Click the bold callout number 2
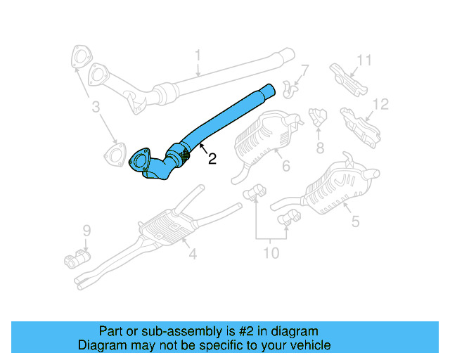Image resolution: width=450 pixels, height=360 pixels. point(212,159)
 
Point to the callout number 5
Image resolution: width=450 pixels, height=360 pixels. point(355,222)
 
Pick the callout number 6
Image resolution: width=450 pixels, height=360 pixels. point(285,167)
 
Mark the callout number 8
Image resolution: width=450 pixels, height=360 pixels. point(320,147)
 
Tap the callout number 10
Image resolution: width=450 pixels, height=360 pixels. point(271,252)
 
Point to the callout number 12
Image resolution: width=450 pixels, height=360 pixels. point(380,105)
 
